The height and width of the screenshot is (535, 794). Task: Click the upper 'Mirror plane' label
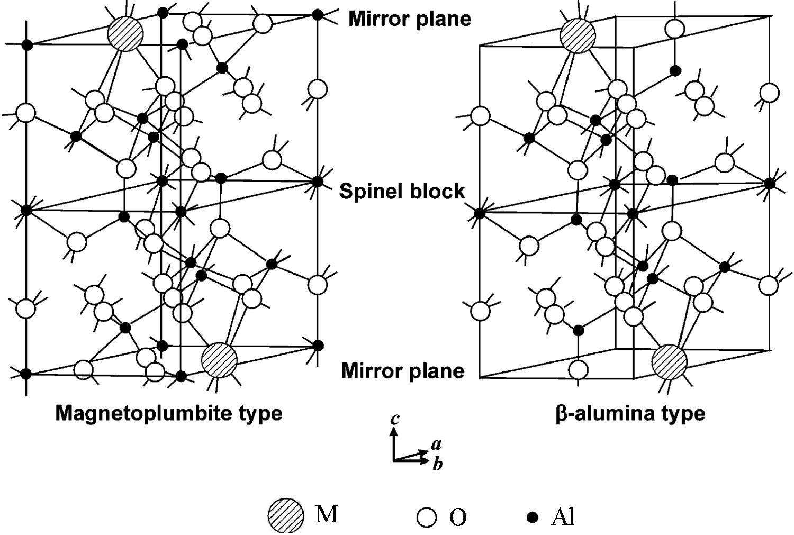(x=409, y=19)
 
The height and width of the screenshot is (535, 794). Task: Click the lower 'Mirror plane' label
(x=402, y=370)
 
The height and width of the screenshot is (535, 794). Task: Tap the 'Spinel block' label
(x=402, y=191)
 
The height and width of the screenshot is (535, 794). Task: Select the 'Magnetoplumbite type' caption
(x=168, y=413)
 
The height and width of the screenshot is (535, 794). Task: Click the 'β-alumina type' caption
(x=630, y=413)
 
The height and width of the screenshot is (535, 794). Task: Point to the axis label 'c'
(x=394, y=420)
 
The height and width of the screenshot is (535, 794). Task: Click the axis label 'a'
(x=436, y=443)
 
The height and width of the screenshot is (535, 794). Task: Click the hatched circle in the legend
(x=286, y=515)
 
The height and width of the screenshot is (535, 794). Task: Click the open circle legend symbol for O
(x=426, y=517)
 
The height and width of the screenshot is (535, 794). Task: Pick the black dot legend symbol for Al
(x=533, y=516)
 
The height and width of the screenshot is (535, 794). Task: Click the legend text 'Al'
(x=562, y=517)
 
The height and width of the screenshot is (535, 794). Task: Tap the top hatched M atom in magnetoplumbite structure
(x=125, y=34)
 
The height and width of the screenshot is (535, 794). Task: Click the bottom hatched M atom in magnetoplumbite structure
(x=219, y=360)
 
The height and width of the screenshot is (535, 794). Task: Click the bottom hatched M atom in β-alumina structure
(x=669, y=363)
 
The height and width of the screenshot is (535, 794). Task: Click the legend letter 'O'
(x=458, y=517)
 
